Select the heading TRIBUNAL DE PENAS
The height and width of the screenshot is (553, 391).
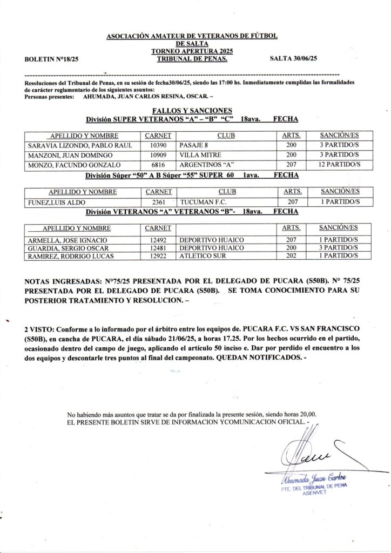(192, 59)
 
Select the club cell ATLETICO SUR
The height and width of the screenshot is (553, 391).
(203, 256)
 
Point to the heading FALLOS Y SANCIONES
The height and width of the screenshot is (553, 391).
(192, 111)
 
